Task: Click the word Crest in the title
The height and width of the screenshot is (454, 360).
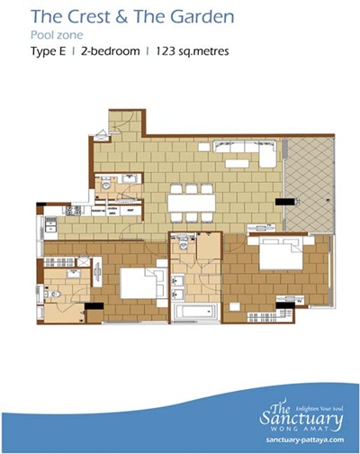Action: tap(88, 17)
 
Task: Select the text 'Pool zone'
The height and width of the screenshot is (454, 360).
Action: tap(57, 35)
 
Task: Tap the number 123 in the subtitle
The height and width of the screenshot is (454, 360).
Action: tap(165, 50)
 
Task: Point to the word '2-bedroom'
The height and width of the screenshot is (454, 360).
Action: tap(110, 51)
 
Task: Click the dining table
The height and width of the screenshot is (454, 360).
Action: tap(192, 203)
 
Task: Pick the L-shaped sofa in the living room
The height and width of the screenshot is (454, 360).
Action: tap(245, 151)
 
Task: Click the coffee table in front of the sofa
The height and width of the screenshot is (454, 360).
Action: tap(237, 163)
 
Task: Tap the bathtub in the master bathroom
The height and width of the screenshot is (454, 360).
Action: tap(195, 312)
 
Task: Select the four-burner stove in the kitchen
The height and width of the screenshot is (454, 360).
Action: tap(74, 210)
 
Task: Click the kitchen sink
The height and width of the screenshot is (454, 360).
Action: tap(50, 224)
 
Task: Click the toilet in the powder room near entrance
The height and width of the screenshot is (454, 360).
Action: tap(105, 183)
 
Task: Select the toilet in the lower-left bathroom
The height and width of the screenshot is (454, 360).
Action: tap(53, 294)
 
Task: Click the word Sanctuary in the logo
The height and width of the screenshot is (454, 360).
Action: tap(301, 418)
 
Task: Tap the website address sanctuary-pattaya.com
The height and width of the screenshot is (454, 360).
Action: tap(305, 440)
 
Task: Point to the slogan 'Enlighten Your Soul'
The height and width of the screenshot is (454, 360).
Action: tap(319, 408)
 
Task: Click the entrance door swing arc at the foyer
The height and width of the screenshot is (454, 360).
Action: tap(124, 123)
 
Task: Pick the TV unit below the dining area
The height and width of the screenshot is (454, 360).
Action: tap(261, 227)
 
